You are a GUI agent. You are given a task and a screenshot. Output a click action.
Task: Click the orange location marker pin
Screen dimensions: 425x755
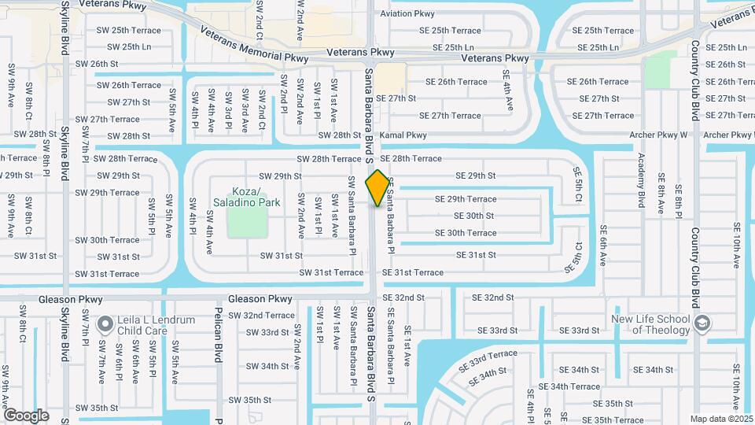[378, 188]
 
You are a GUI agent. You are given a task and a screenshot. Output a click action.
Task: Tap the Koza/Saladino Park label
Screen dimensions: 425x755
[246, 197]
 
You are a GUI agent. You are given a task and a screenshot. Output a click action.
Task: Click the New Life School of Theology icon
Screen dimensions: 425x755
[702, 323]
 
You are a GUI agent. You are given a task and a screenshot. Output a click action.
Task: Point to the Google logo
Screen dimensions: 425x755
[26, 415]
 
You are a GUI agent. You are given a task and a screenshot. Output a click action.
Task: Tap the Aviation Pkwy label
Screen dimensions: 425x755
[407, 14]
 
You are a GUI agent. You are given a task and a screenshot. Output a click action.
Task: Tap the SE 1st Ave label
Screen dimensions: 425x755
[408, 347]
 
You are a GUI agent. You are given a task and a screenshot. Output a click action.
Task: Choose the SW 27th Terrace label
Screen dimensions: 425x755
[109, 120]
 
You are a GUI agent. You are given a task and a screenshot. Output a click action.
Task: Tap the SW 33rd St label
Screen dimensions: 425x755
[267, 332]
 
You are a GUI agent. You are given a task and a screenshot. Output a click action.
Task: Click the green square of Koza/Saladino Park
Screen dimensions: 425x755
[246, 223]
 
